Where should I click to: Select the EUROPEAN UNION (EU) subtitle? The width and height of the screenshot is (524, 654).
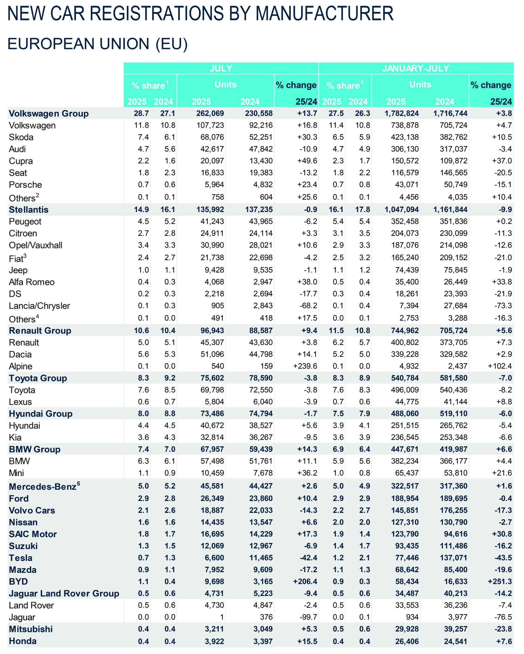point(97,44)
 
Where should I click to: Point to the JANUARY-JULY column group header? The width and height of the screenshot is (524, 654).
point(415,68)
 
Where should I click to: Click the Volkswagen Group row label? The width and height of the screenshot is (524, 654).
point(49,113)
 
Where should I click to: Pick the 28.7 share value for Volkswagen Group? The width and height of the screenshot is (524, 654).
point(141,113)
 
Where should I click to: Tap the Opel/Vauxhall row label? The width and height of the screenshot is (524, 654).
point(36,245)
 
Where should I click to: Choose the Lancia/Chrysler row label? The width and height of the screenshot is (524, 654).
point(39,306)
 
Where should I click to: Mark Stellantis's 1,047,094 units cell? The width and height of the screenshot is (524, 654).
point(401,209)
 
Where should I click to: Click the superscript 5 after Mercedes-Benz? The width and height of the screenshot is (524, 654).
point(78,484)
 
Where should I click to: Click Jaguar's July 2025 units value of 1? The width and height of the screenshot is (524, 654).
point(222,617)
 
